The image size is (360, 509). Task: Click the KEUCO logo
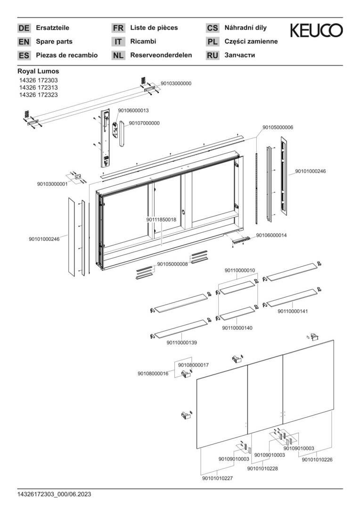pyautogui.click(x=316, y=31)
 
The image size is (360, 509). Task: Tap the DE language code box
pyautogui.click(x=24, y=28)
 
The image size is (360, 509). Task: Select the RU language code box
pyautogui.click(x=213, y=56)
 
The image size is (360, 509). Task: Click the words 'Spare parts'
pyautogui.click(x=54, y=41)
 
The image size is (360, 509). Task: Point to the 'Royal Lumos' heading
pyautogui.click(x=38, y=71)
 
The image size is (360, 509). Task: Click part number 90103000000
pyautogui.click(x=176, y=83)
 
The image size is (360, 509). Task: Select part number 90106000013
pyautogui.click(x=133, y=111)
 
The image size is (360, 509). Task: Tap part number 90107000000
pyautogui.click(x=144, y=123)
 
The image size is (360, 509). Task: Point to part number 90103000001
pyautogui.click(x=52, y=184)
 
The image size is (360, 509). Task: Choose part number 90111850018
pyautogui.click(x=161, y=220)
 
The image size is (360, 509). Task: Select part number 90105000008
pyautogui.click(x=172, y=264)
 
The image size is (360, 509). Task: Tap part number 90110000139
pyautogui.click(x=181, y=342)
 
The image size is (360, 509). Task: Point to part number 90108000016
pyautogui.click(x=153, y=373)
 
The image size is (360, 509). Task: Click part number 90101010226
pyautogui.click(x=317, y=460)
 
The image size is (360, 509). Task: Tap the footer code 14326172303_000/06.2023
pyautogui.click(x=54, y=494)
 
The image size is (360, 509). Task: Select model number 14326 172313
pyautogui.click(x=39, y=88)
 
